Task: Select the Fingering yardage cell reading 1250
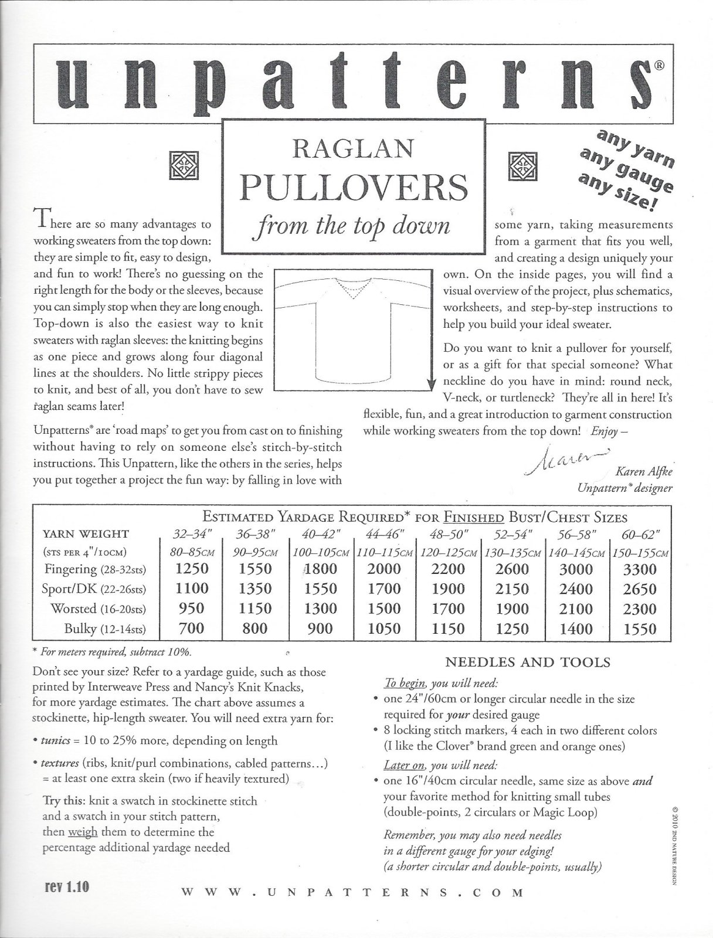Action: [191, 569]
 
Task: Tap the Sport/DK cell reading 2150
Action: [512, 589]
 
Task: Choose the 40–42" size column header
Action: [320, 534]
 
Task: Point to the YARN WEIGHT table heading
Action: [86, 533]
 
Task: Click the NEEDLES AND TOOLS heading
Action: [528, 662]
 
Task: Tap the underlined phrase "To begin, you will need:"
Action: [440, 683]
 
